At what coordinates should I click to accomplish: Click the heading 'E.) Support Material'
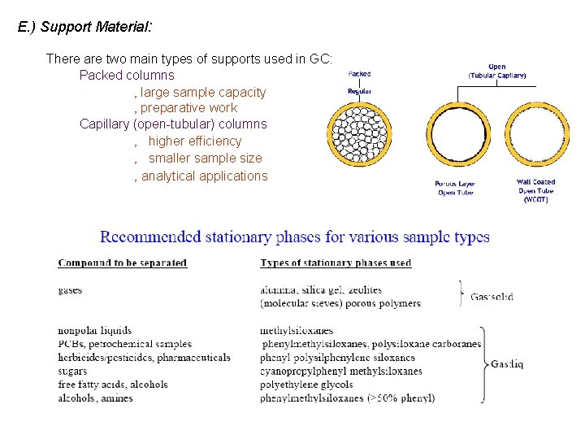point(84,27)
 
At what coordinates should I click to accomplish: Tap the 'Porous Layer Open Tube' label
point(454,188)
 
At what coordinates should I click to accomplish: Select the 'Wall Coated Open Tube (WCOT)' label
point(535,190)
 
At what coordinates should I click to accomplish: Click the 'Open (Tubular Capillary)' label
point(497,71)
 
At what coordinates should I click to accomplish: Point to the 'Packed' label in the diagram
point(359,74)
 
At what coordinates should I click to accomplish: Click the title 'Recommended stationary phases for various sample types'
point(294,237)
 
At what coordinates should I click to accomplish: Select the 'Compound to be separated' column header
point(123,263)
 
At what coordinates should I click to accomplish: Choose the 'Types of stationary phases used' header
point(336,263)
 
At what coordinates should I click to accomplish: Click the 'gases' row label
point(70,290)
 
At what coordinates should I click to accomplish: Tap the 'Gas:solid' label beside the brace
point(492,297)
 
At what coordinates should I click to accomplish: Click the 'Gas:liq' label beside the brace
point(507,365)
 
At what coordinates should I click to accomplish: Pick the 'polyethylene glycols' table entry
point(306,385)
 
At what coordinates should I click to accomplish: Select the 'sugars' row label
point(74,371)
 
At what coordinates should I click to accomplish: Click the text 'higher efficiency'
point(195,141)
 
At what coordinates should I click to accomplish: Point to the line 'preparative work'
point(188,107)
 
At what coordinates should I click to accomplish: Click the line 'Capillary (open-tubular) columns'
point(173,124)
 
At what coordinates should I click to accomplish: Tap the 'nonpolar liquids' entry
point(94,331)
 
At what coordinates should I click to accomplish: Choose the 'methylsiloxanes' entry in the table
point(297,331)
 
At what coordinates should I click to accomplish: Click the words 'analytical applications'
point(204,176)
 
